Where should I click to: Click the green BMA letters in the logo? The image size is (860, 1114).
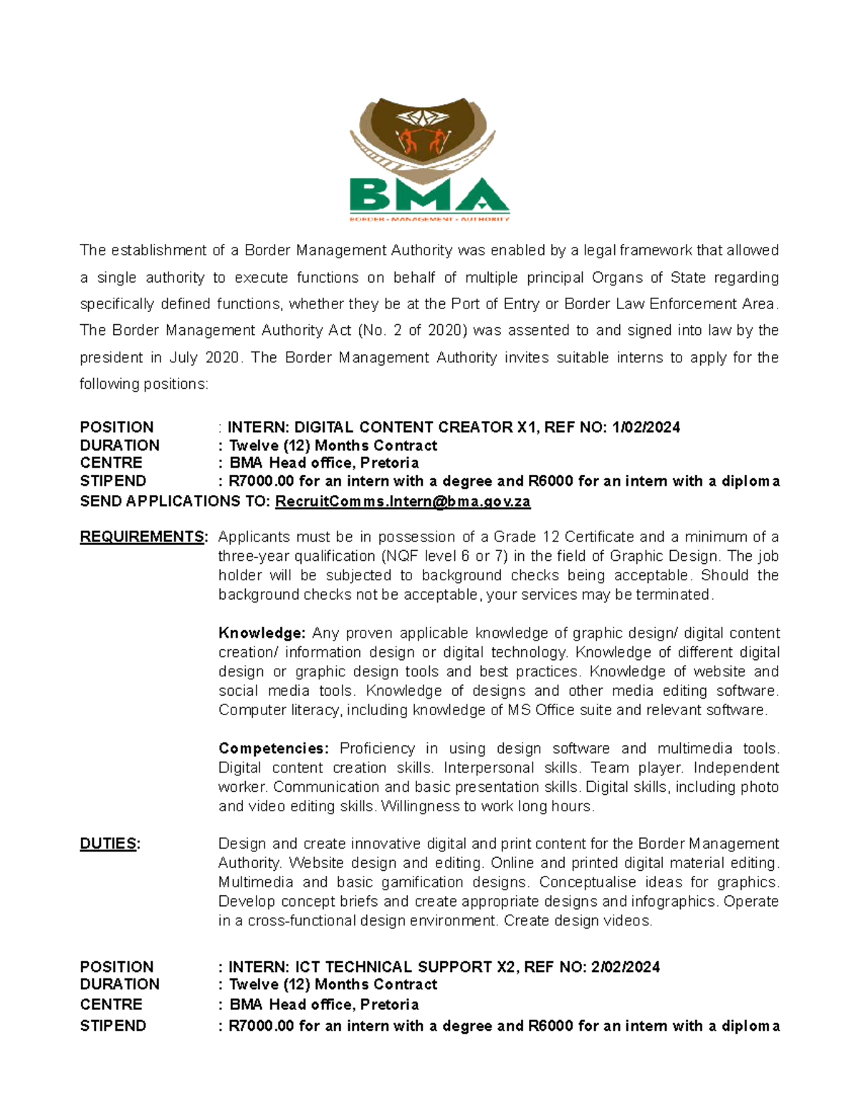[429, 195]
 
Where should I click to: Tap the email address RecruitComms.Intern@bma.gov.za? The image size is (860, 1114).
[403, 501]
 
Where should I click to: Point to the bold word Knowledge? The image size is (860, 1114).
[262, 633]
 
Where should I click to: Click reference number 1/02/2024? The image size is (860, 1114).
[646, 428]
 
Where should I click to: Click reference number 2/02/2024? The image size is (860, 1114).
[625, 967]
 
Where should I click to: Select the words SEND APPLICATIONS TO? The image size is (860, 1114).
[175, 501]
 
